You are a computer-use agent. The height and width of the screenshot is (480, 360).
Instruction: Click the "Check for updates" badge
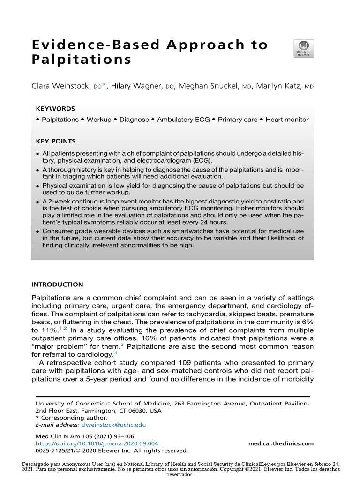point(304,49)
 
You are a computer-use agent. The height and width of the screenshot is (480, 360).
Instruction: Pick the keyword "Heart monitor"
point(287,120)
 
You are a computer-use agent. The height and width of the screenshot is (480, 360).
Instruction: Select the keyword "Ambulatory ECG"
point(183,120)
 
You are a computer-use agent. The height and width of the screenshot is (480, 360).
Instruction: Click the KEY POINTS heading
point(56,141)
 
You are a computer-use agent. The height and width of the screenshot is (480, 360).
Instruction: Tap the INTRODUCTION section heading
point(57,285)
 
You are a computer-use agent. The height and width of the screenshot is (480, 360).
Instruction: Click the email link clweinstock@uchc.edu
point(113,425)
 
